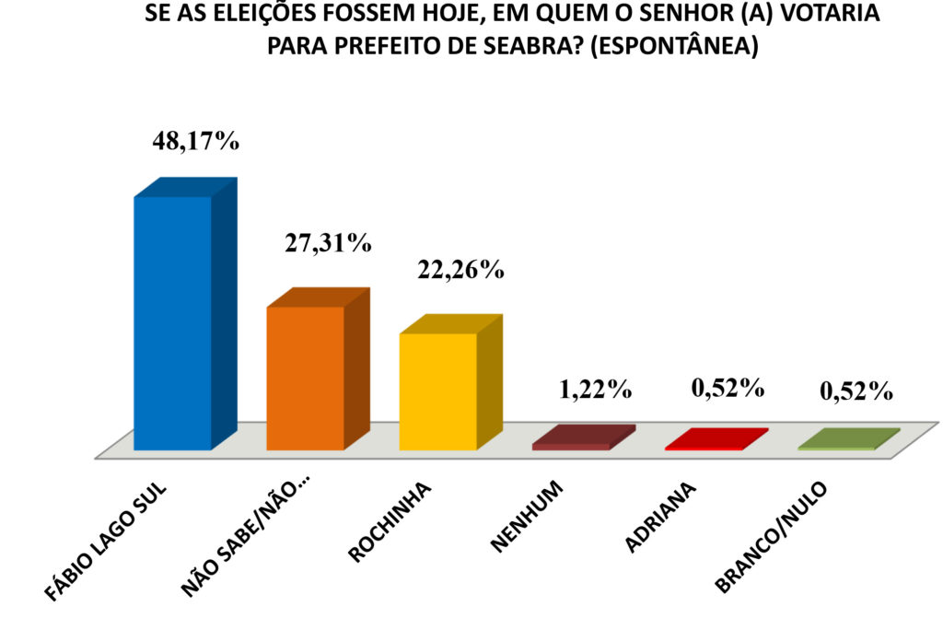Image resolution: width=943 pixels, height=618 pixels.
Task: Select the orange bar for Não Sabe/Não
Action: click(305, 378)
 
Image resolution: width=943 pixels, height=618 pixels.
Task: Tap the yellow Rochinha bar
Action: click(437, 391)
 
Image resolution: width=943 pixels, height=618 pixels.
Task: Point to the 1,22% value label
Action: click(595, 389)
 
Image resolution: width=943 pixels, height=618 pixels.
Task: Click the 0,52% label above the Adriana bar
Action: click(728, 387)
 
